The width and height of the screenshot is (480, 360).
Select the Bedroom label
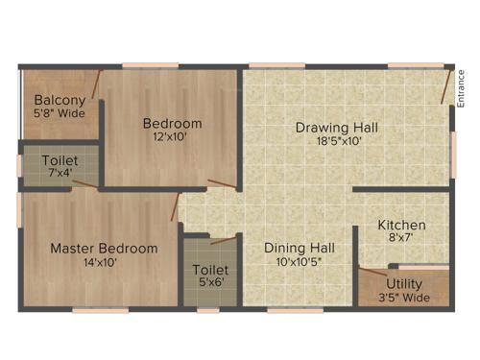pos(173,123)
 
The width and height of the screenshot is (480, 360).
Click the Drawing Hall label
pos(336,128)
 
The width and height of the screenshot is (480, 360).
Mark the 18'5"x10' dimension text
pos(336,141)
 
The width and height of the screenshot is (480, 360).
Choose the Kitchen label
pos(401,226)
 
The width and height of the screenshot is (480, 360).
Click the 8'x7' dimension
pos(401,239)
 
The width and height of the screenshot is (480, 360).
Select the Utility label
pos(404,284)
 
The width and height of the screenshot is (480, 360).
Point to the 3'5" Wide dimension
pos(404,298)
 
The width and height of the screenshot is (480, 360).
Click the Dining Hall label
pos(300,247)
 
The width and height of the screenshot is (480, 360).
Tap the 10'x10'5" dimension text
pos(300,261)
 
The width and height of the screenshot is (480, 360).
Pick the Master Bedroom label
pos(104,248)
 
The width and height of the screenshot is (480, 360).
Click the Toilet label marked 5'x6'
pos(210,270)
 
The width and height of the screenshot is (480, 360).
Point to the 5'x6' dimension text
pos(210,284)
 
